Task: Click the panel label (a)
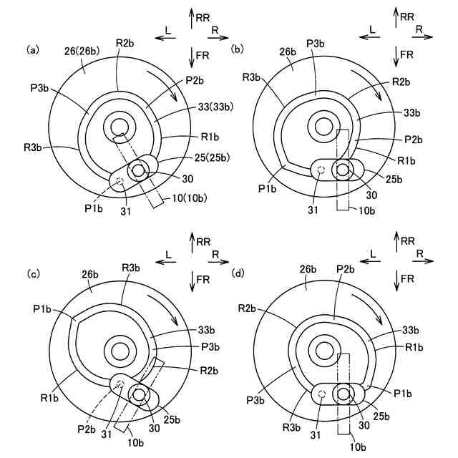32,50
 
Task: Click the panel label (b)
238,50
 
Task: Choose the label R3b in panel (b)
252,76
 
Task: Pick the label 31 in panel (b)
313,210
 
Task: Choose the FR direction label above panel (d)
407,278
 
